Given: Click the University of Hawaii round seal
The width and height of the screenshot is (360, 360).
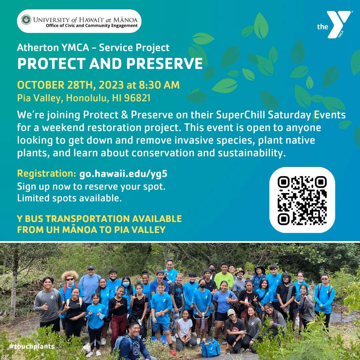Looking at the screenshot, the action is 26,20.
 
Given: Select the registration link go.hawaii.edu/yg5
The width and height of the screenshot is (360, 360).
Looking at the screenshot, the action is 123,174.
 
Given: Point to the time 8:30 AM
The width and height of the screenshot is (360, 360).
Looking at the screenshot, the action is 159,85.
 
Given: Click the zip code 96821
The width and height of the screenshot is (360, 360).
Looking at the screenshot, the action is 137,98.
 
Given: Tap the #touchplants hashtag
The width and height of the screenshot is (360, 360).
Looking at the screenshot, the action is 32,346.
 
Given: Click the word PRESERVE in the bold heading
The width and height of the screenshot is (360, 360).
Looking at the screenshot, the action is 164,63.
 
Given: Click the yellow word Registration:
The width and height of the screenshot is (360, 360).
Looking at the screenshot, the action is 47,174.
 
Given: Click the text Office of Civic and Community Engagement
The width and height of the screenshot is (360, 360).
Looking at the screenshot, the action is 92,25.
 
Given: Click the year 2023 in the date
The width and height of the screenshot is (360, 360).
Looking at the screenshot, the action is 111,85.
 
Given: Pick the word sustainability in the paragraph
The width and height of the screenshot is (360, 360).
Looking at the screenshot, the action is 252,153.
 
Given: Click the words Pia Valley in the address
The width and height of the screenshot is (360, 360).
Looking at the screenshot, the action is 40,98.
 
